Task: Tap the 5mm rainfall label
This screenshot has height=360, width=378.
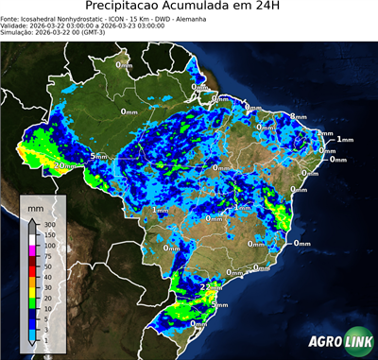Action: (x=98, y=155)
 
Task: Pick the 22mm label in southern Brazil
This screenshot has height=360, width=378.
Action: (x=211, y=286)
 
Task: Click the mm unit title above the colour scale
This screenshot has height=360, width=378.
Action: (x=35, y=206)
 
